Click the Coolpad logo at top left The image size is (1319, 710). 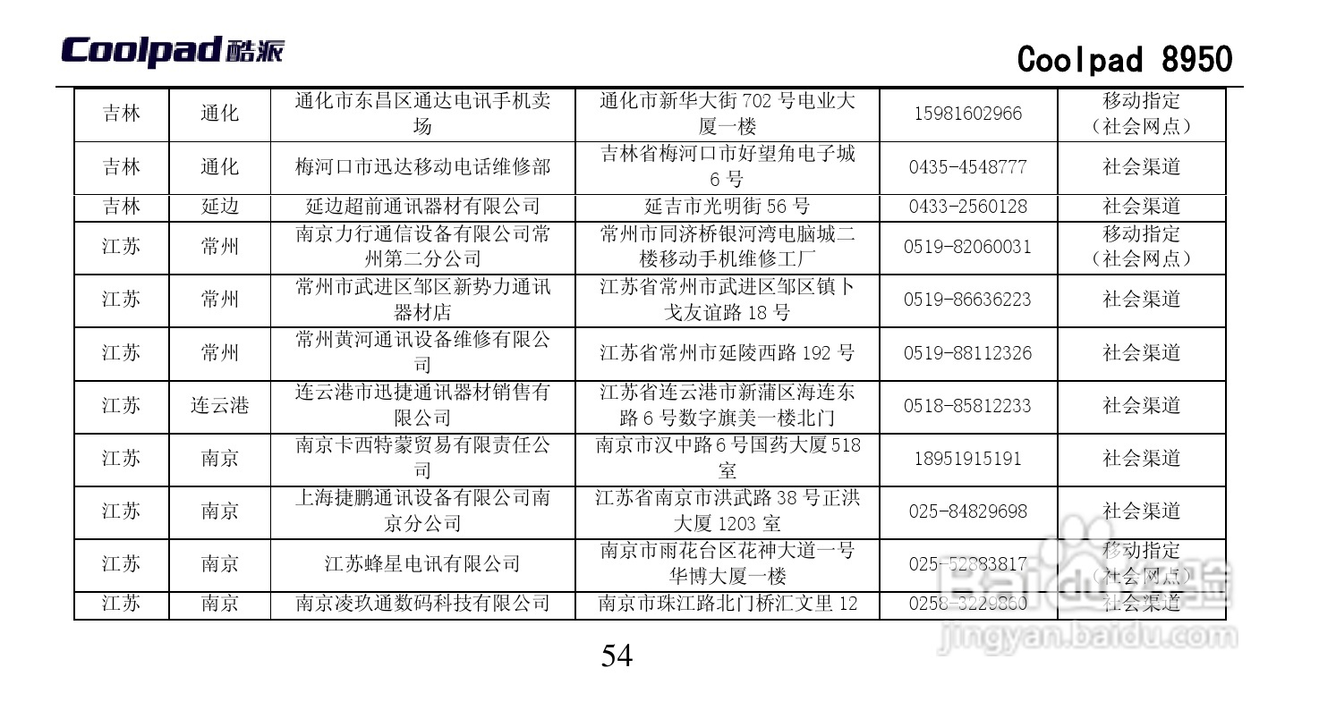pos(172,51)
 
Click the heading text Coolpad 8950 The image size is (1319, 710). pos(1124,60)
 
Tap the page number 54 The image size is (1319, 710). pos(617,656)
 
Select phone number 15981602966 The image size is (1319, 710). pos(967,114)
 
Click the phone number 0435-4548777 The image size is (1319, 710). pos(967,167)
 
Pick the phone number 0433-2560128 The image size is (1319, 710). pos(967,207)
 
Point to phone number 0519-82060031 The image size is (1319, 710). pos(967,247)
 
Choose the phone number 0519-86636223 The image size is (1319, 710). pos(967,300)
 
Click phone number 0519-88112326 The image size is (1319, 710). pos(967,353)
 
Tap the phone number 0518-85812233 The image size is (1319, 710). pos(967,406)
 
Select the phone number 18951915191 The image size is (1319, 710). pos(967,459)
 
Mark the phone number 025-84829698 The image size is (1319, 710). pos(967,511)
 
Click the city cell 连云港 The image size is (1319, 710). pos(219,406)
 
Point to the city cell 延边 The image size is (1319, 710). pos(219,207)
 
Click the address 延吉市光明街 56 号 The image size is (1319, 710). pos(727,207)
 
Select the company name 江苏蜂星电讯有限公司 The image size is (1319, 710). pos(422,564)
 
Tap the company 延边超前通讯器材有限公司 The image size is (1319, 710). pos(422,207)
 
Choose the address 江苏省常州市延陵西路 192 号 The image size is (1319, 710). pos(727,353)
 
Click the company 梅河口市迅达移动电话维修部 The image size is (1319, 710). pos(422,167)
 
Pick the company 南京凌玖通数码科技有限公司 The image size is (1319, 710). pos(422,604)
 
